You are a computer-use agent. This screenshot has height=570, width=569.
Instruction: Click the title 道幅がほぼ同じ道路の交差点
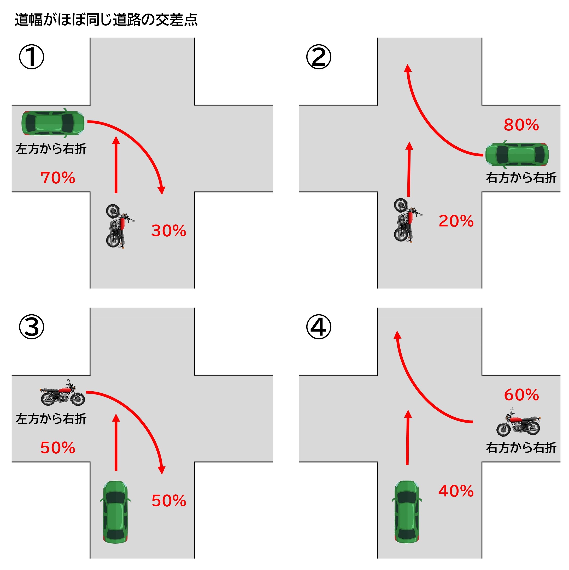click(106, 20)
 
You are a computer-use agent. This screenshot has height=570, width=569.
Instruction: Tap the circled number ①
click(32, 57)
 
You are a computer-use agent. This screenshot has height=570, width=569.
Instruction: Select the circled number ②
click(319, 57)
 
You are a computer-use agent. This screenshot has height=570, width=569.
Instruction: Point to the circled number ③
click(32, 327)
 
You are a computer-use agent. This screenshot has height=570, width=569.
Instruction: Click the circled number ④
click(319, 327)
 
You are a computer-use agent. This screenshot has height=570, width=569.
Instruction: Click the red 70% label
click(58, 178)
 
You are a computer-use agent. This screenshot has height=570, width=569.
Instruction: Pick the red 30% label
click(169, 231)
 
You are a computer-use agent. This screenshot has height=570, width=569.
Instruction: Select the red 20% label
click(456, 221)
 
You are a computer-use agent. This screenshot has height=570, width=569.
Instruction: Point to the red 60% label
click(521, 395)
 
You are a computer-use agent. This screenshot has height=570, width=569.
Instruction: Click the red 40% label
click(456, 491)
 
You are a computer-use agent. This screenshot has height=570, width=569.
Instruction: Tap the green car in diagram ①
click(53, 123)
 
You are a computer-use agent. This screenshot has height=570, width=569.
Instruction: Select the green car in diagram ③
click(115, 512)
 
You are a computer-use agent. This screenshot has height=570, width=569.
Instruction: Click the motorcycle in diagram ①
click(119, 226)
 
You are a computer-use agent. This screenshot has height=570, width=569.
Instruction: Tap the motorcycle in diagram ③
click(63, 392)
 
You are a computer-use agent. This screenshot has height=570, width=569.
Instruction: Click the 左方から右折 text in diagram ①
click(51, 149)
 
